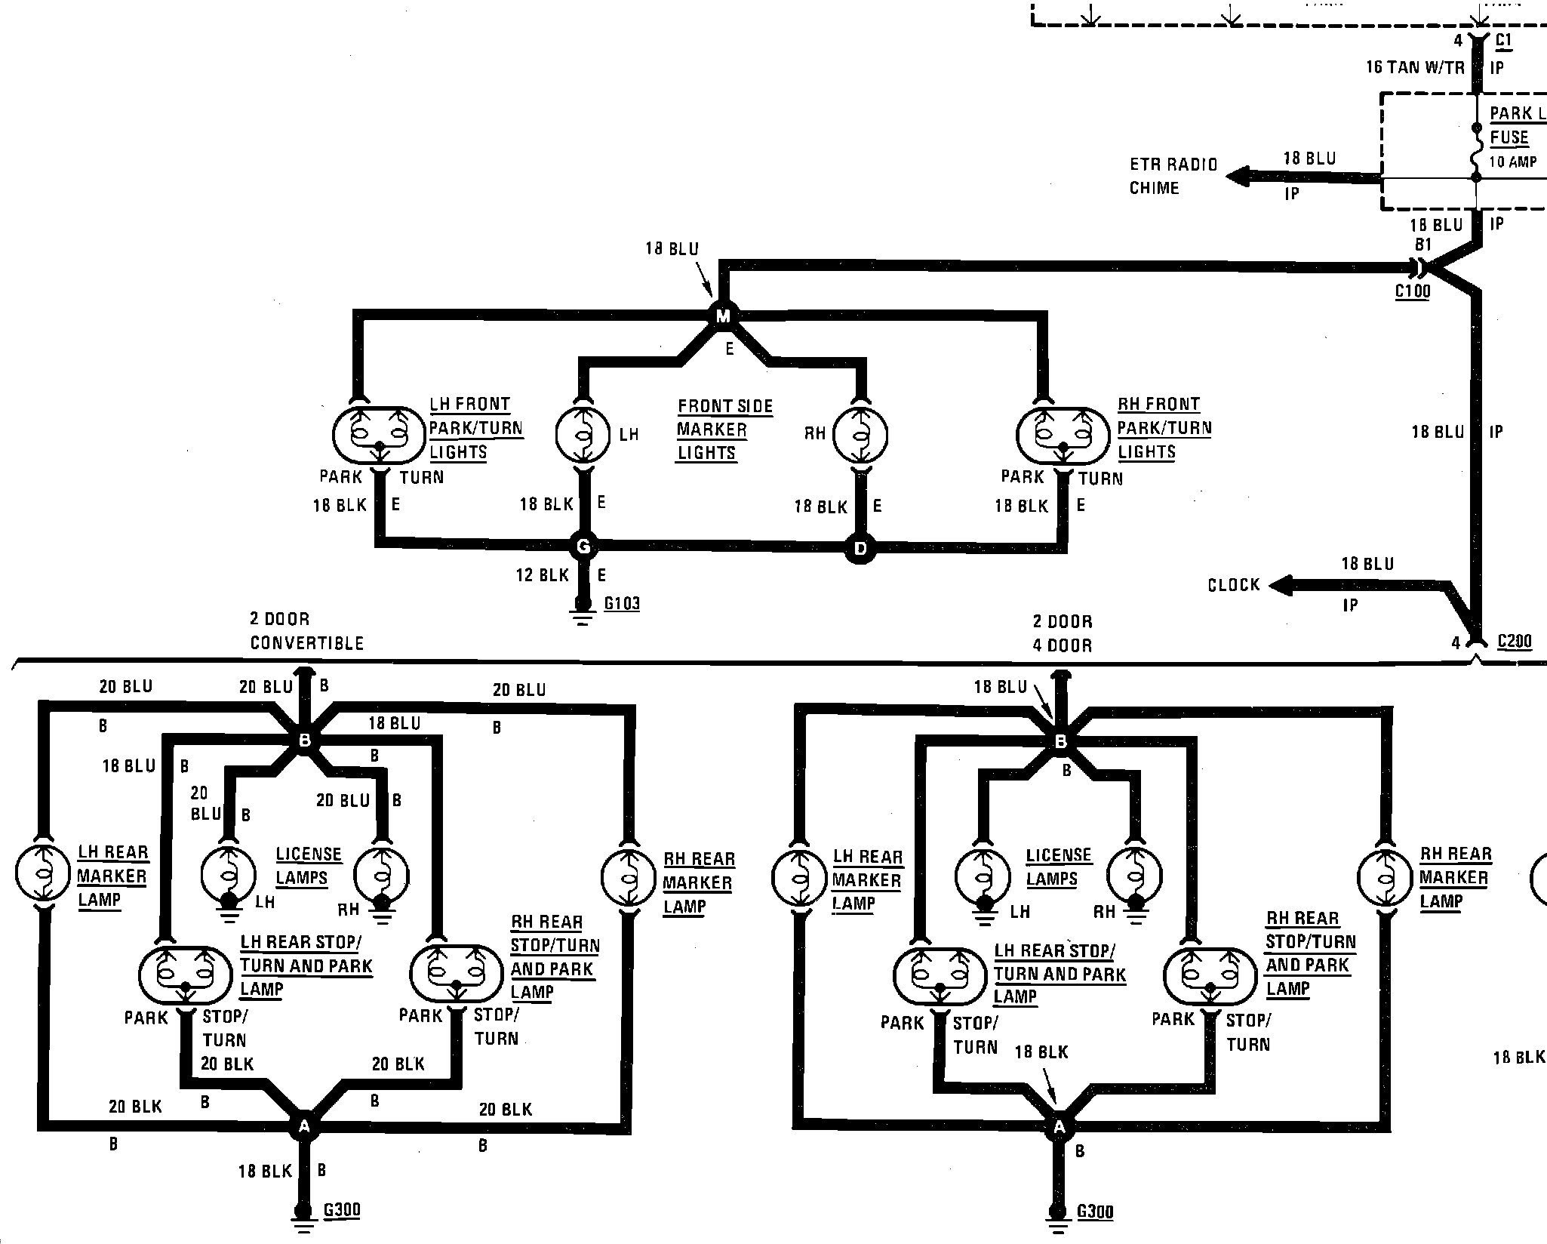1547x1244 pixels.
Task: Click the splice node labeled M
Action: pyautogui.click(x=723, y=316)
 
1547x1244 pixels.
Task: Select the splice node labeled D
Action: pyautogui.click(x=860, y=549)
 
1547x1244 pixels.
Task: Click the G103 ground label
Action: pyautogui.click(x=622, y=604)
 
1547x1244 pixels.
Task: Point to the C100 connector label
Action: pyautogui.click(x=1413, y=291)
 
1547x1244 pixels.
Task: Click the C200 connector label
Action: pyautogui.click(x=1515, y=642)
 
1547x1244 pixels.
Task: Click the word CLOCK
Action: pyautogui.click(x=1234, y=585)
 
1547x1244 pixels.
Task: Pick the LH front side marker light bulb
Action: pyautogui.click(x=583, y=435)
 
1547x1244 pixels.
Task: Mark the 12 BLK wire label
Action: pyautogui.click(x=542, y=576)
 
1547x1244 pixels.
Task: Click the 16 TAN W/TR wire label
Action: pyautogui.click(x=1415, y=67)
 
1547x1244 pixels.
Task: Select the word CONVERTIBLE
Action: pyautogui.click(x=307, y=643)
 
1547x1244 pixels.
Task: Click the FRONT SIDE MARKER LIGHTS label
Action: pyautogui.click(x=724, y=430)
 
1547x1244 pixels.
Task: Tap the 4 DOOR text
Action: pyautogui.click(x=1063, y=645)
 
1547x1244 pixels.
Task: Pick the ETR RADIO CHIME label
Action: pyautogui.click(x=1173, y=176)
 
